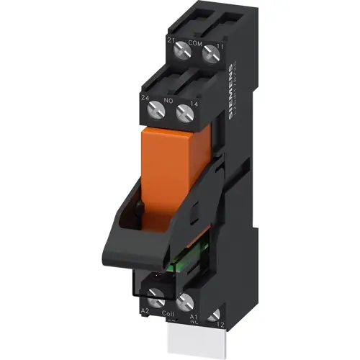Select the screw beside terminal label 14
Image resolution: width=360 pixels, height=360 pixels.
click(x=185, y=111)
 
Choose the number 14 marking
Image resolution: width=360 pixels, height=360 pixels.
click(x=194, y=104)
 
